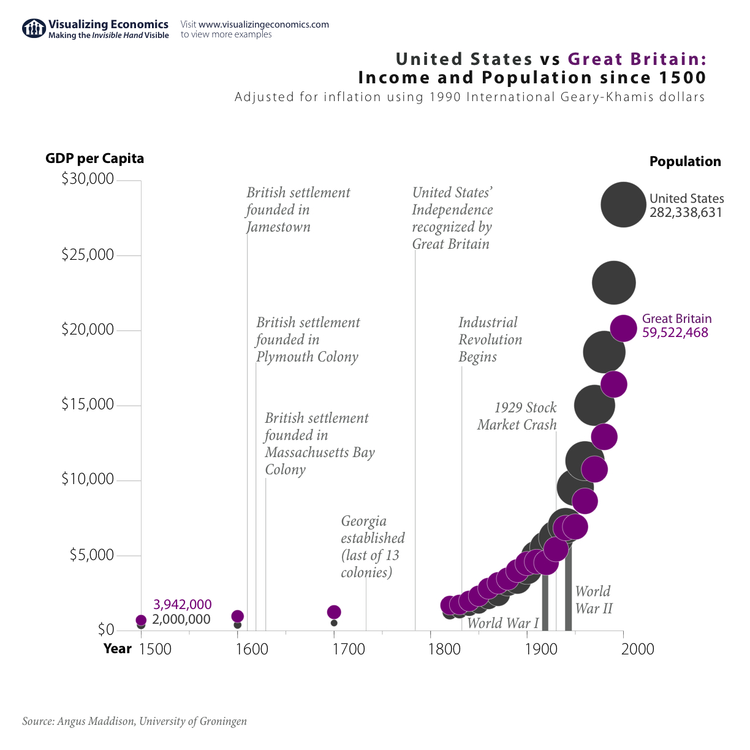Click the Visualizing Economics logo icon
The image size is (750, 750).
pos(34,29)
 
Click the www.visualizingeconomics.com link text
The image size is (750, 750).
pos(263,25)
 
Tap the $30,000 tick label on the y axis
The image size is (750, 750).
pos(88,179)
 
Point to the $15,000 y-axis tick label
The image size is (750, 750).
pos(88,404)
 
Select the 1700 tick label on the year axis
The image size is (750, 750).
pos(349,649)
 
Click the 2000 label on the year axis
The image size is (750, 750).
pos(638,649)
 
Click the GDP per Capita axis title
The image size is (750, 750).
pos(94,159)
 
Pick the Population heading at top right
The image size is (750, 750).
pos(685,162)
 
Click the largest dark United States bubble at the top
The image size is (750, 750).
pos(623,205)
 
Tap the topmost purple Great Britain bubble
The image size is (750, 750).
pos(623,328)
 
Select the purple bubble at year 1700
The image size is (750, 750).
pos(334,612)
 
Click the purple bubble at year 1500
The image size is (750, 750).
pos(141,620)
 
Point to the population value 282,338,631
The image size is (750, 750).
pos(686,213)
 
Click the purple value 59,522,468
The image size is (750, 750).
pos(675,333)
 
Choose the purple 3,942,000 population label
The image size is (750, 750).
pos(183,605)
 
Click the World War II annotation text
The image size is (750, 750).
pos(593,600)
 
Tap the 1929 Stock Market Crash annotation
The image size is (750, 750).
pos(518,416)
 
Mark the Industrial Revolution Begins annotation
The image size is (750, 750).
pos(490,339)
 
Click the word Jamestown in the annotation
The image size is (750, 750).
pos(278,227)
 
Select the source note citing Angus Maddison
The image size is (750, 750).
pos(135,721)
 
